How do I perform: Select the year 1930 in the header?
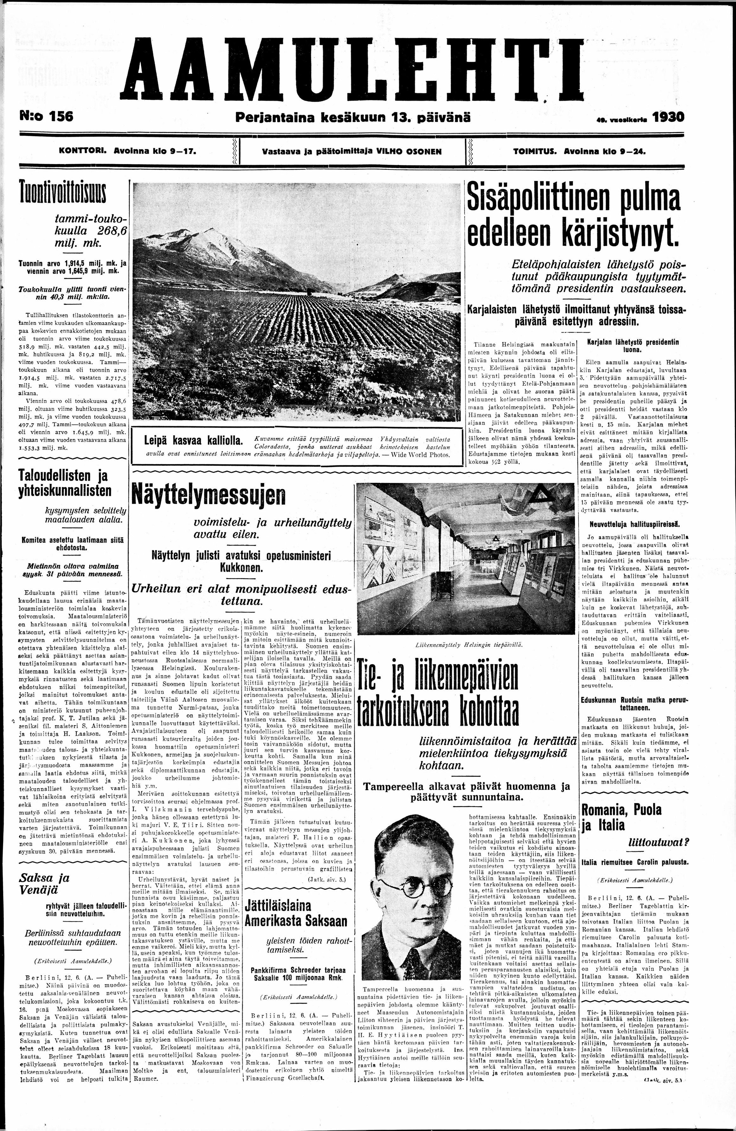pyautogui.click(x=669, y=117)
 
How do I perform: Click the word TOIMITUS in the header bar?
pyautogui.click(x=535, y=152)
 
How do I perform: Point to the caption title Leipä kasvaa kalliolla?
pyautogui.click(x=193, y=440)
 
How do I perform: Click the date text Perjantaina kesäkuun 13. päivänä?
pyautogui.click(x=353, y=117)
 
